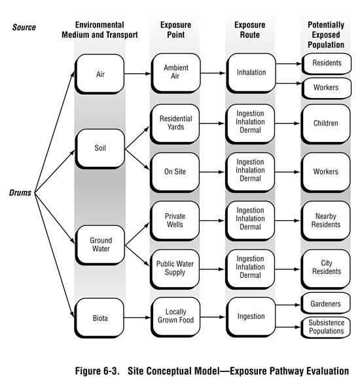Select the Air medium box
[99, 73]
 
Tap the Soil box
[99, 148]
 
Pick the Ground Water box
[99, 244]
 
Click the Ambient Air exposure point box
[175, 73]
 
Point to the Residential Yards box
[175, 124]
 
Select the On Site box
[175, 172]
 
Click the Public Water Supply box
[175, 269]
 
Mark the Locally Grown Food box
[175, 316]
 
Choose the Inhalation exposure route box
[251, 73]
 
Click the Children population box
[326, 124]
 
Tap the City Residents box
[326, 269]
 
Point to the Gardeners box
[326, 303]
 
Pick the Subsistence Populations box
[326, 327]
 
